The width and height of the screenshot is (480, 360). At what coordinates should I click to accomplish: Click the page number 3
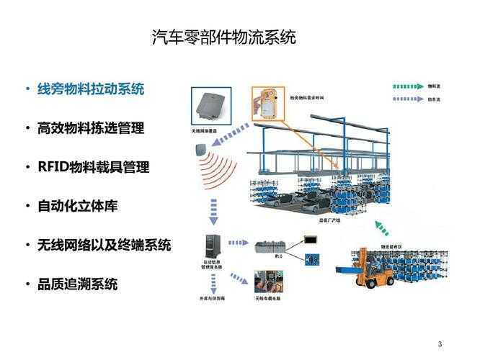pyautogui.click(x=440, y=343)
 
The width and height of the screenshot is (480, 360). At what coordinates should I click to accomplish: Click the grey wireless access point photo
pyautogui.click(x=210, y=107)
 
